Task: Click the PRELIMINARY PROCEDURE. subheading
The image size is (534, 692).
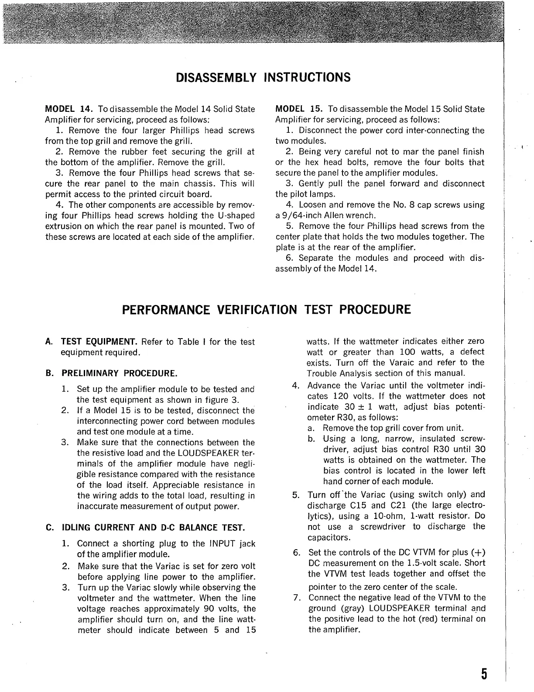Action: pos(119,374)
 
